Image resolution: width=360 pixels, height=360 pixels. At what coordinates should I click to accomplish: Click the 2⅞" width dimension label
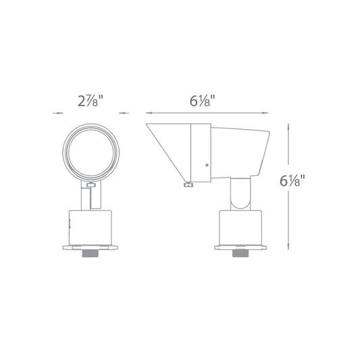tap(91, 101)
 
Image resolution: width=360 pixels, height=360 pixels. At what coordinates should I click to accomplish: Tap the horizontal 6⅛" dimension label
tap(202, 101)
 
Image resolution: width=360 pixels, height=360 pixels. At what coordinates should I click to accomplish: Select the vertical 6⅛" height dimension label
tap(292, 181)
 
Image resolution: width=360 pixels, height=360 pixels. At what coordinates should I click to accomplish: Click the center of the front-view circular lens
tap(91, 153)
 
